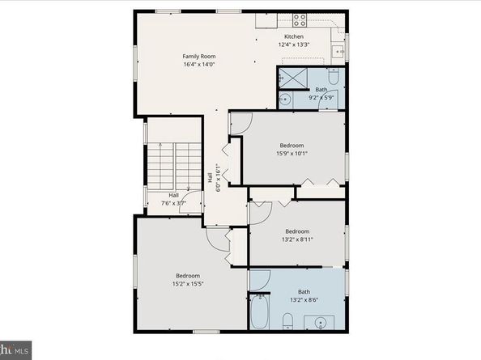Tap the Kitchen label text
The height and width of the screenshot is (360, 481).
point(293,37)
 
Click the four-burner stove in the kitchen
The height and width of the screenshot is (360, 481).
point(299,19)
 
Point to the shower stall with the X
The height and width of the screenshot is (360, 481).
point(289,78)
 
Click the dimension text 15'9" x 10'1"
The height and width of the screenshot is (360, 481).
point(292,153)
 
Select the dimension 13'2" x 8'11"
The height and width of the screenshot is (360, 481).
point(297,239)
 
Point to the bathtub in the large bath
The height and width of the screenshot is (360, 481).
point(259,311)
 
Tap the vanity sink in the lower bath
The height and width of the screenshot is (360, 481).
point(321,323)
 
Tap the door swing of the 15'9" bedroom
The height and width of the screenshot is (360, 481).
point(240,124)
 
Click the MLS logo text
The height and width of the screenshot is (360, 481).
point(19,350)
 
